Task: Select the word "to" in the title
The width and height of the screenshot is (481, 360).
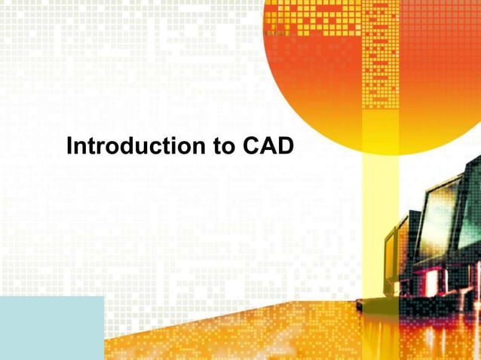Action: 225,146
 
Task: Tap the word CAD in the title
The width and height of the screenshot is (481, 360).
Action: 268,146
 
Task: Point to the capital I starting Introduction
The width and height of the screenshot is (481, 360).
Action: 69,146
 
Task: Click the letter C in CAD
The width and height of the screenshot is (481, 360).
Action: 252,146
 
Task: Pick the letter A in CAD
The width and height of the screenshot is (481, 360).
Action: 268,146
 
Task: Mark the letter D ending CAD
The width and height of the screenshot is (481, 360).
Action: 284,146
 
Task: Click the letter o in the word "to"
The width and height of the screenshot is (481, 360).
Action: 229,147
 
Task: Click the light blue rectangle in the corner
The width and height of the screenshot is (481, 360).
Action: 51,328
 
